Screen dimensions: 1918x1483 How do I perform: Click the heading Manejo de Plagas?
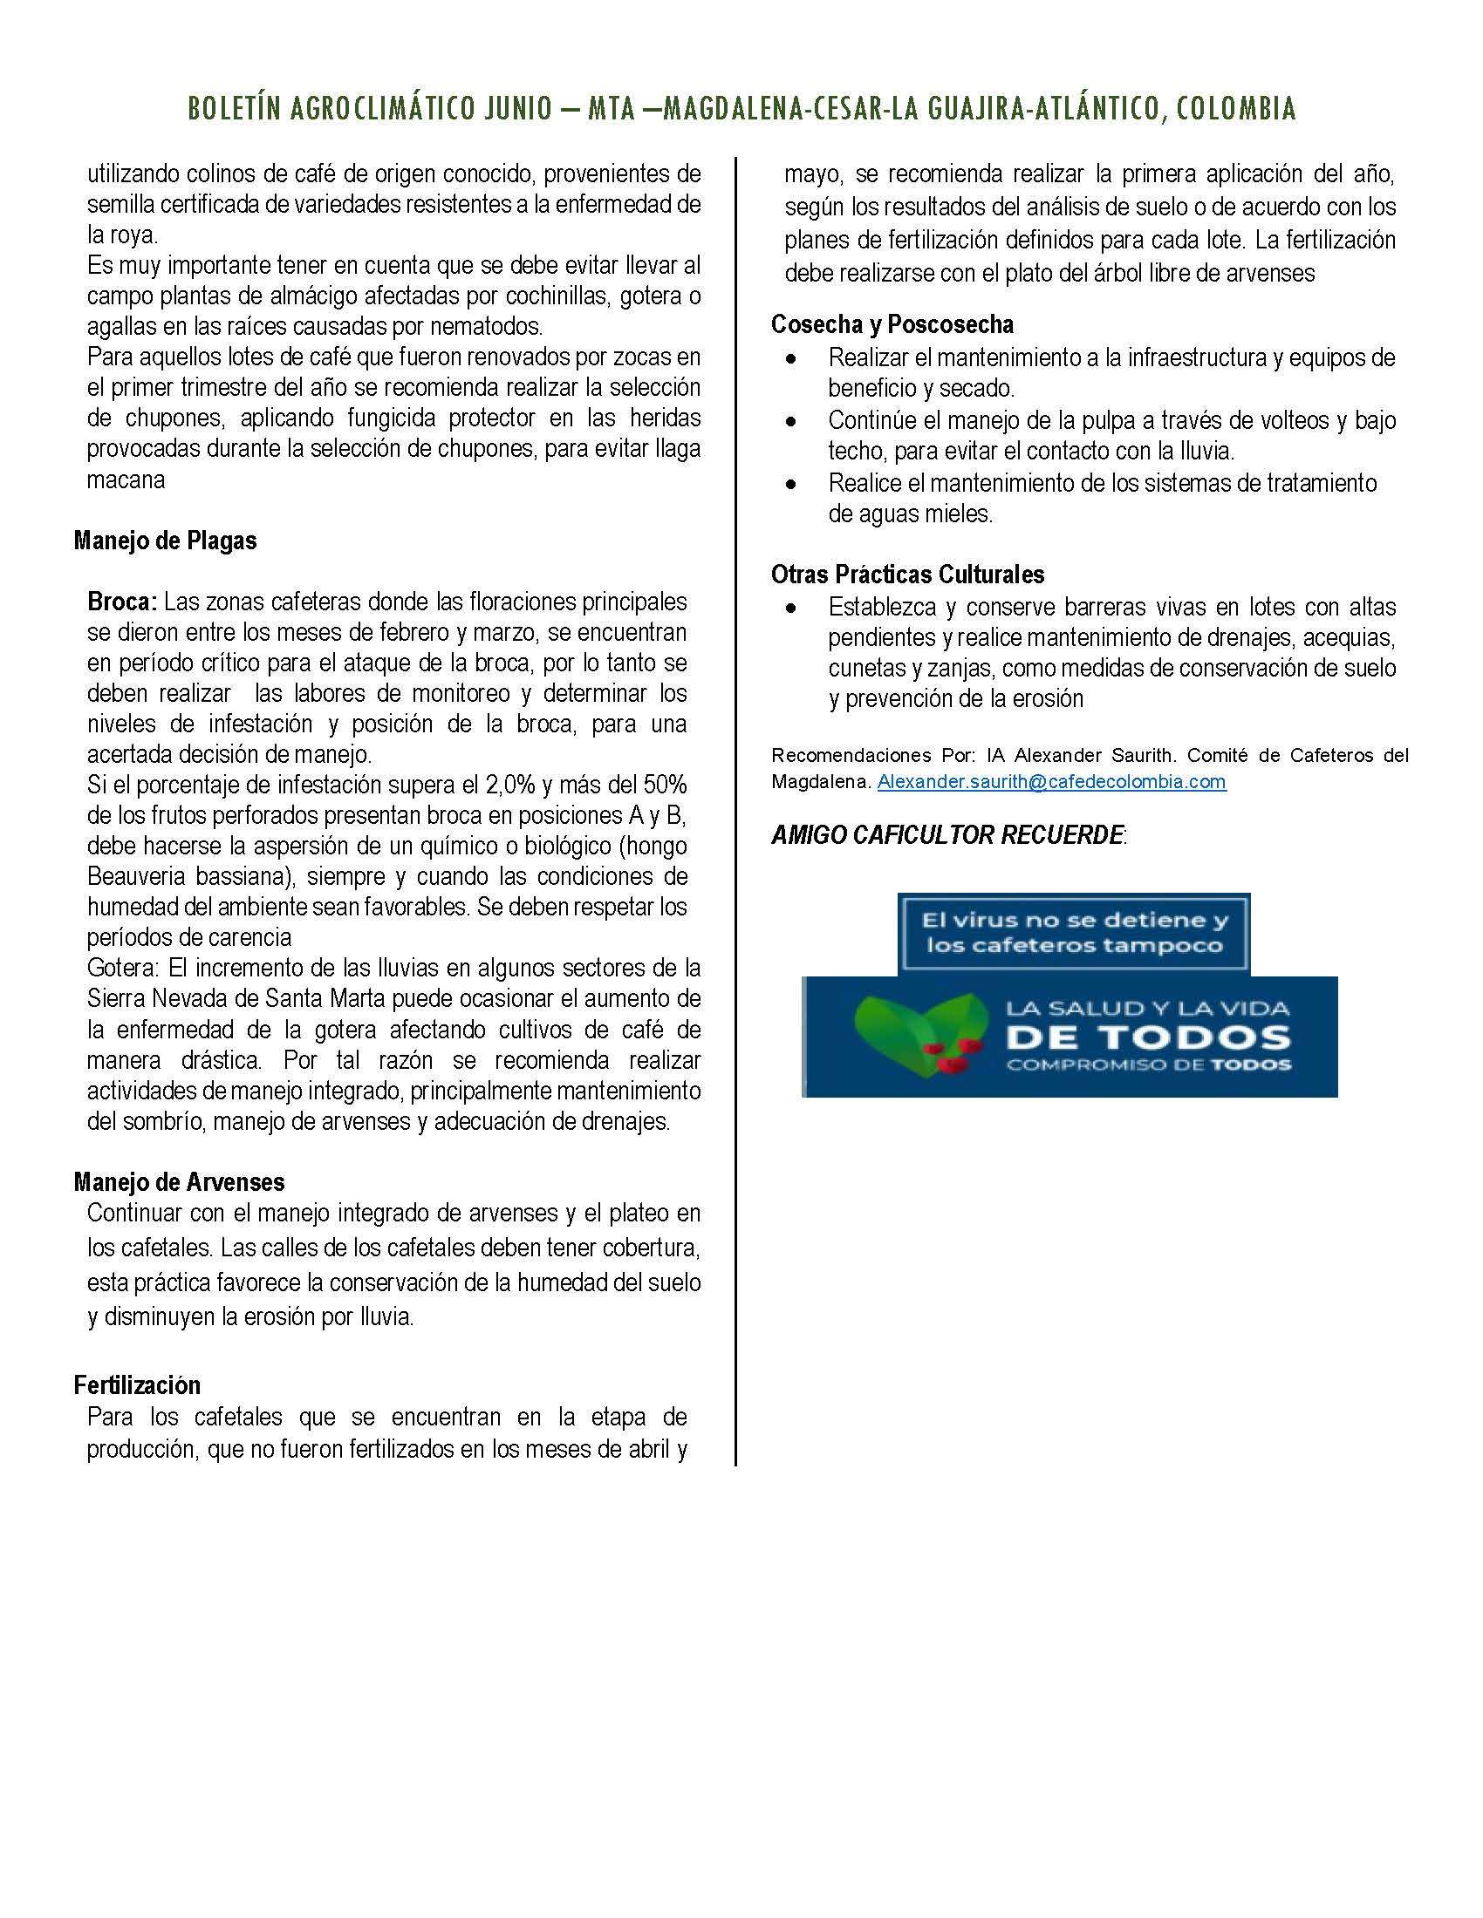(165, 541)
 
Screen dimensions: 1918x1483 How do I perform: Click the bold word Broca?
(122, 602)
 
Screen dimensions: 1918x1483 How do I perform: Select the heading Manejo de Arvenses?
(179, 1182)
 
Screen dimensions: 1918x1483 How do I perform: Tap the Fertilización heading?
(137, 1386)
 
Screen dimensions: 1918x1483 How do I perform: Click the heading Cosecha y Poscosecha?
(892, 325)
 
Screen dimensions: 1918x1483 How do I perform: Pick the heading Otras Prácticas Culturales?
(907, 575)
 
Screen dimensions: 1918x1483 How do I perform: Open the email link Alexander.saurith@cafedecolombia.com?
(1051, 782)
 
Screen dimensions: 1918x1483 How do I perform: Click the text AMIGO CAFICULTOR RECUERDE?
(947, 835)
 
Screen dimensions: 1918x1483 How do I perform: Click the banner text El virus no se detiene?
(1073, 922)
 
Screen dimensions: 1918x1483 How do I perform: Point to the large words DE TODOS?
(1148, 1038)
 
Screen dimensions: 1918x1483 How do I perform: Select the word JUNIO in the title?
(518, 109)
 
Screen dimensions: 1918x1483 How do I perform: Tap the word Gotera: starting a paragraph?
(124, 969)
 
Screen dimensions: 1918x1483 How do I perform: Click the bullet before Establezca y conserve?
(792, 608)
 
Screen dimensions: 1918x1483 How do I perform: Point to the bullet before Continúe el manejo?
(792, 422)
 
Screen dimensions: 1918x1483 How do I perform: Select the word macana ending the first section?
(126, 480)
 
